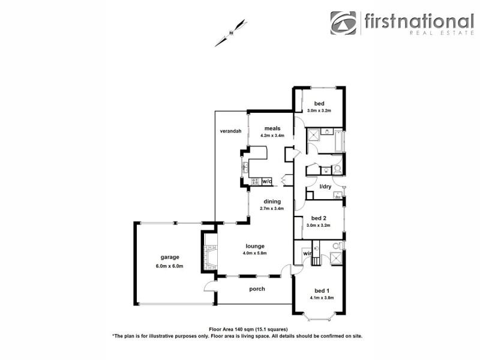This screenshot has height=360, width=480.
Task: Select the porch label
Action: [x=257, y=289]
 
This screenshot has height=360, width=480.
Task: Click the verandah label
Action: [x=230, y=131]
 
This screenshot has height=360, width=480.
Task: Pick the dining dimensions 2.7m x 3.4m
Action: [x=272, y=209]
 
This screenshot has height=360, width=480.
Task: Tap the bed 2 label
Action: [x=319, y=218]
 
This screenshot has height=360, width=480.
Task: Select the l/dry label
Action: [x=325, y=187]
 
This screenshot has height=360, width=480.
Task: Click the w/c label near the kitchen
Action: [x=267, y=181]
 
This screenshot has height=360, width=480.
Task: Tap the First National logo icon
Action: [x=343, y=23]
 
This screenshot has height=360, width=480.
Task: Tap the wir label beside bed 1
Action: [x=307, y=254]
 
